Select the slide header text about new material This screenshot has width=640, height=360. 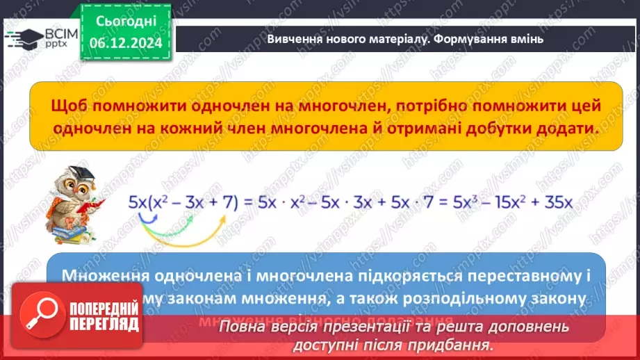[404, 40]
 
